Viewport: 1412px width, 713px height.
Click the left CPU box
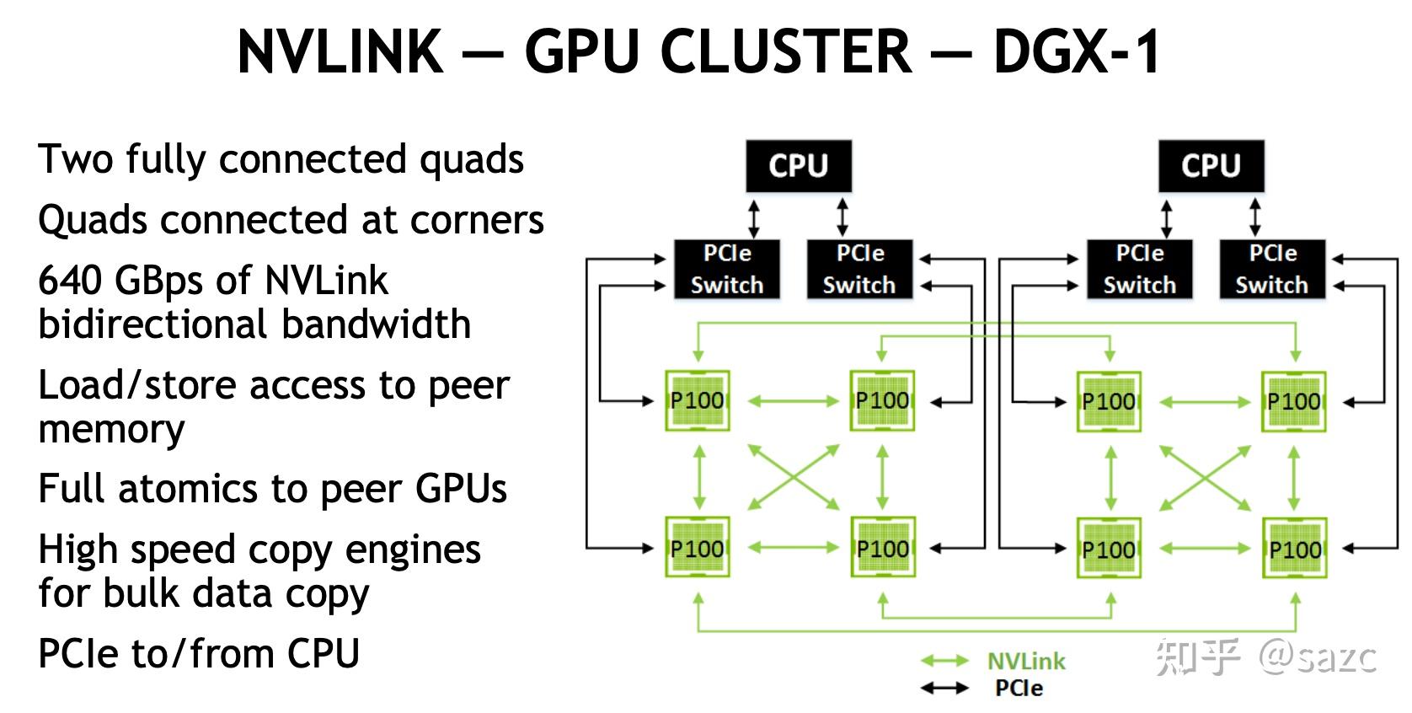798,166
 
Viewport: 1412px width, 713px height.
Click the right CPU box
1211,166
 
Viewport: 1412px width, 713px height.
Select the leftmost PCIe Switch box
726,269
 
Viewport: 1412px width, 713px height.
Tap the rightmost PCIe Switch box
1272,269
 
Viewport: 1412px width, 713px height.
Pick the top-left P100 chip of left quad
698,400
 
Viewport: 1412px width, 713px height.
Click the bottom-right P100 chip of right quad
1295,549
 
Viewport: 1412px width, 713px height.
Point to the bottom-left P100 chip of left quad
698,549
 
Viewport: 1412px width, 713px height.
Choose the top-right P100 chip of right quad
1294,400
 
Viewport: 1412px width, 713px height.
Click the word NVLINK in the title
340,52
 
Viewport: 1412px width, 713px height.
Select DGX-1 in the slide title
1077,52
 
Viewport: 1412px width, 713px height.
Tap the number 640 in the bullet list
71,281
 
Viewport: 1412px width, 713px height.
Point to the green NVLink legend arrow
944,661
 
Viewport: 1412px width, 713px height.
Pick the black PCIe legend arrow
944,689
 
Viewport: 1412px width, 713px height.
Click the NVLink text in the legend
1026,661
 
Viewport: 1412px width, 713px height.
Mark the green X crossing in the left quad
794,477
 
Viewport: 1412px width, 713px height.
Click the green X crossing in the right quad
1206,477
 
